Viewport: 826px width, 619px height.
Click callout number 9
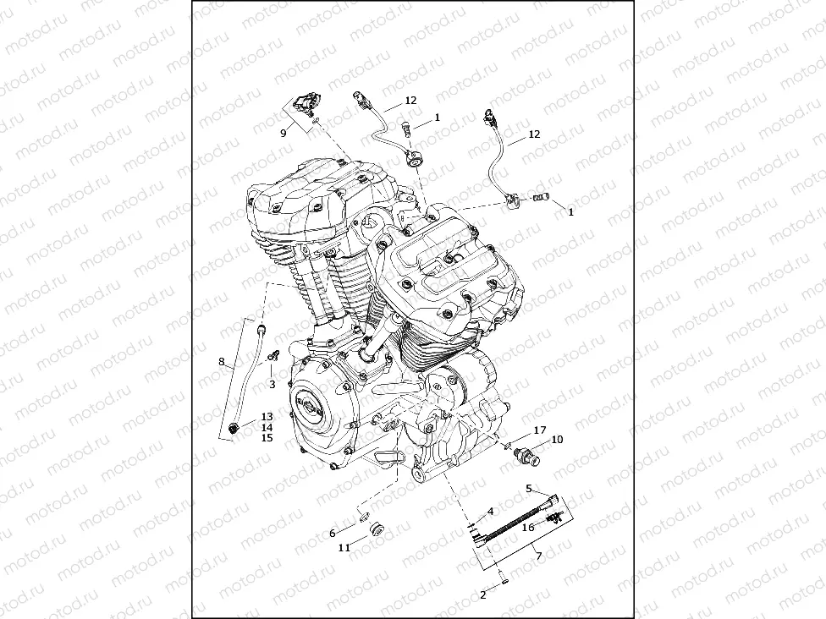[284, 134]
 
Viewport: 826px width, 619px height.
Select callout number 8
[222, 362]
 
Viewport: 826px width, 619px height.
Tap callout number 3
[273, 385]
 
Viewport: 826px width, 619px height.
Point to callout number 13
[267, 417]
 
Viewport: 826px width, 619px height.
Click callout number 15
[267, 438]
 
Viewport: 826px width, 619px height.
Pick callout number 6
[333, 534]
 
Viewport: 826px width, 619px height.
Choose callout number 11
[344, 548]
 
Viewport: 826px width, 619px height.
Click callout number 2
[483, 595]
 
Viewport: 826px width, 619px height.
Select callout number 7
[538, 556]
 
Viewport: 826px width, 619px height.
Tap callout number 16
[528, 527]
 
